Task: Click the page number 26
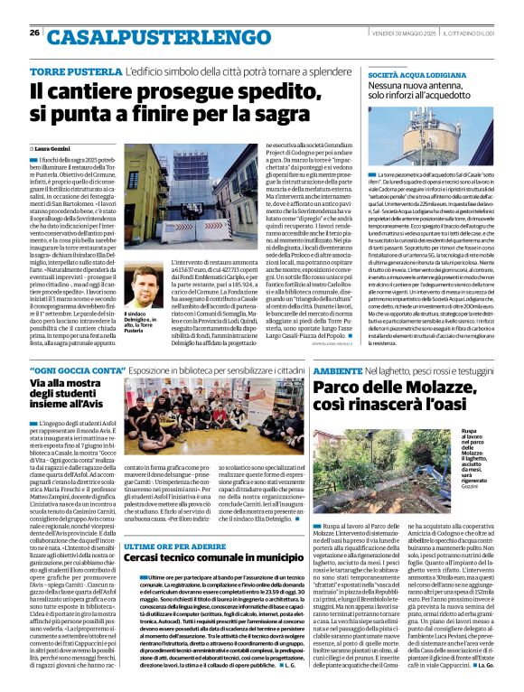pyautogui.click(x=34, y=33)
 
